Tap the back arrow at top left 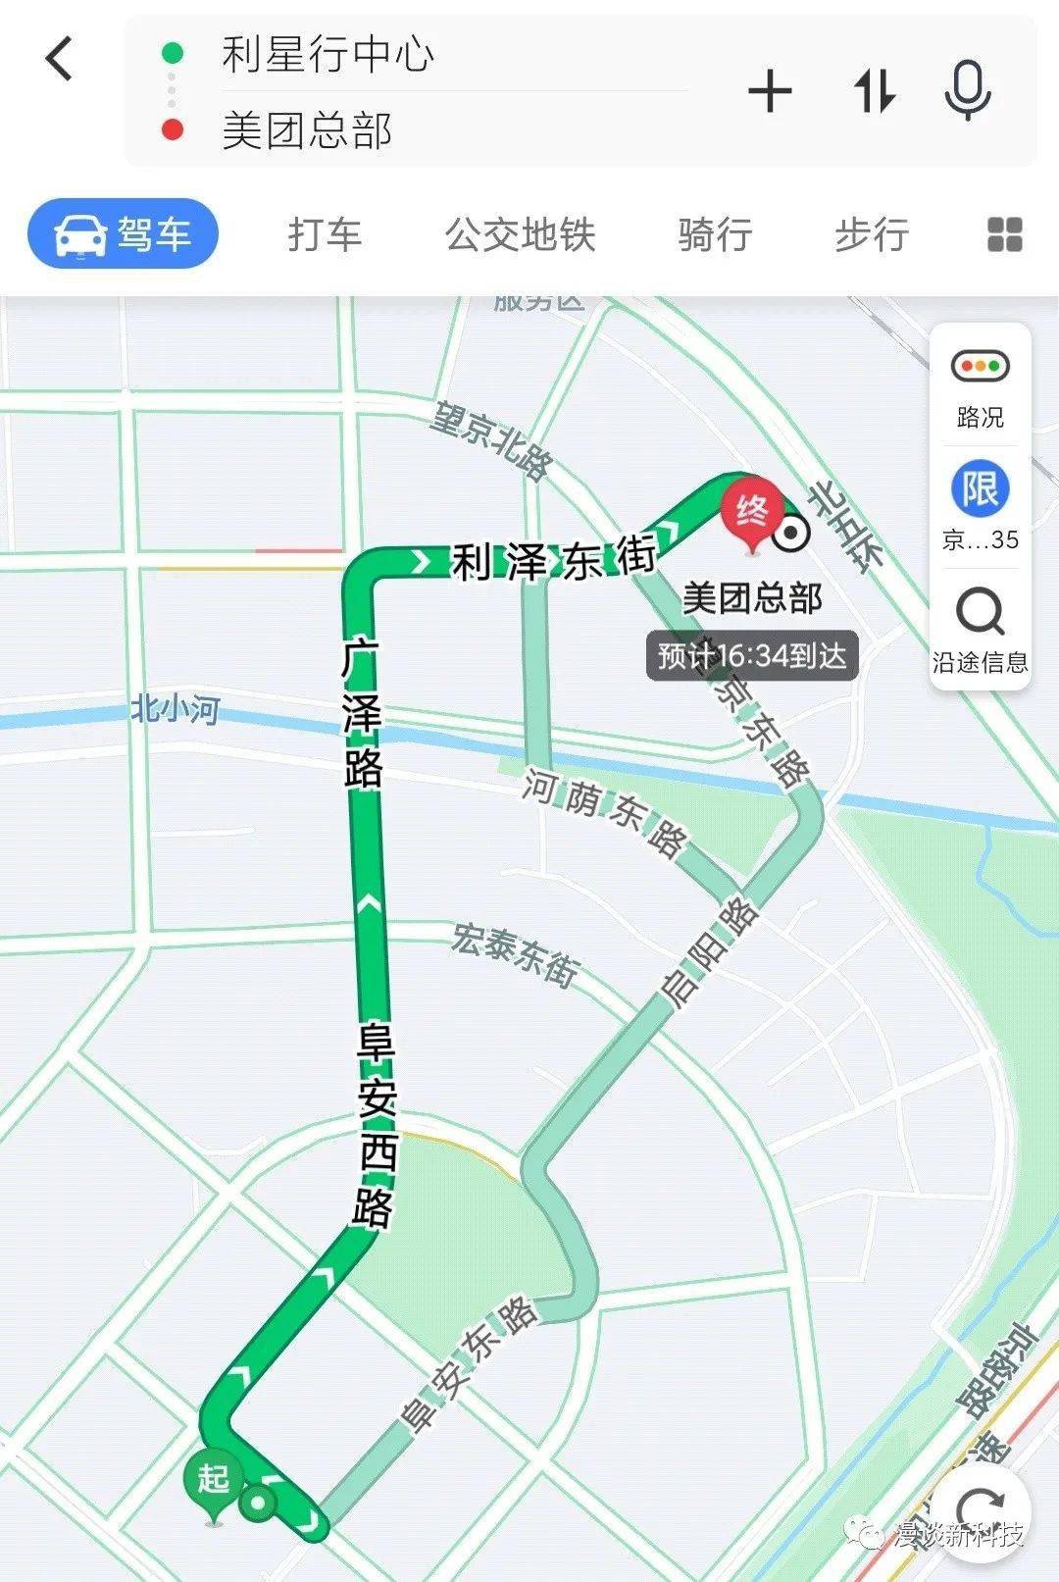pos(60,58)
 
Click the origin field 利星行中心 pos(328,54)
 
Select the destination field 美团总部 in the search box pos(307,130)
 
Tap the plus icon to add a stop pos(770,92)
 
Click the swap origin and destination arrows pos(874,92)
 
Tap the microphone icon pos(968,90)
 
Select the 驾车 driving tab pos(123,234)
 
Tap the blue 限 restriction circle pos(981,488)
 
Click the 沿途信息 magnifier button pos(981,628)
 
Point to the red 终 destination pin pos(752,513)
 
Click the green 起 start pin pos(214,1479)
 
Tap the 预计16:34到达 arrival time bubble pos(752,656)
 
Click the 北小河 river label pos(176,708)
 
